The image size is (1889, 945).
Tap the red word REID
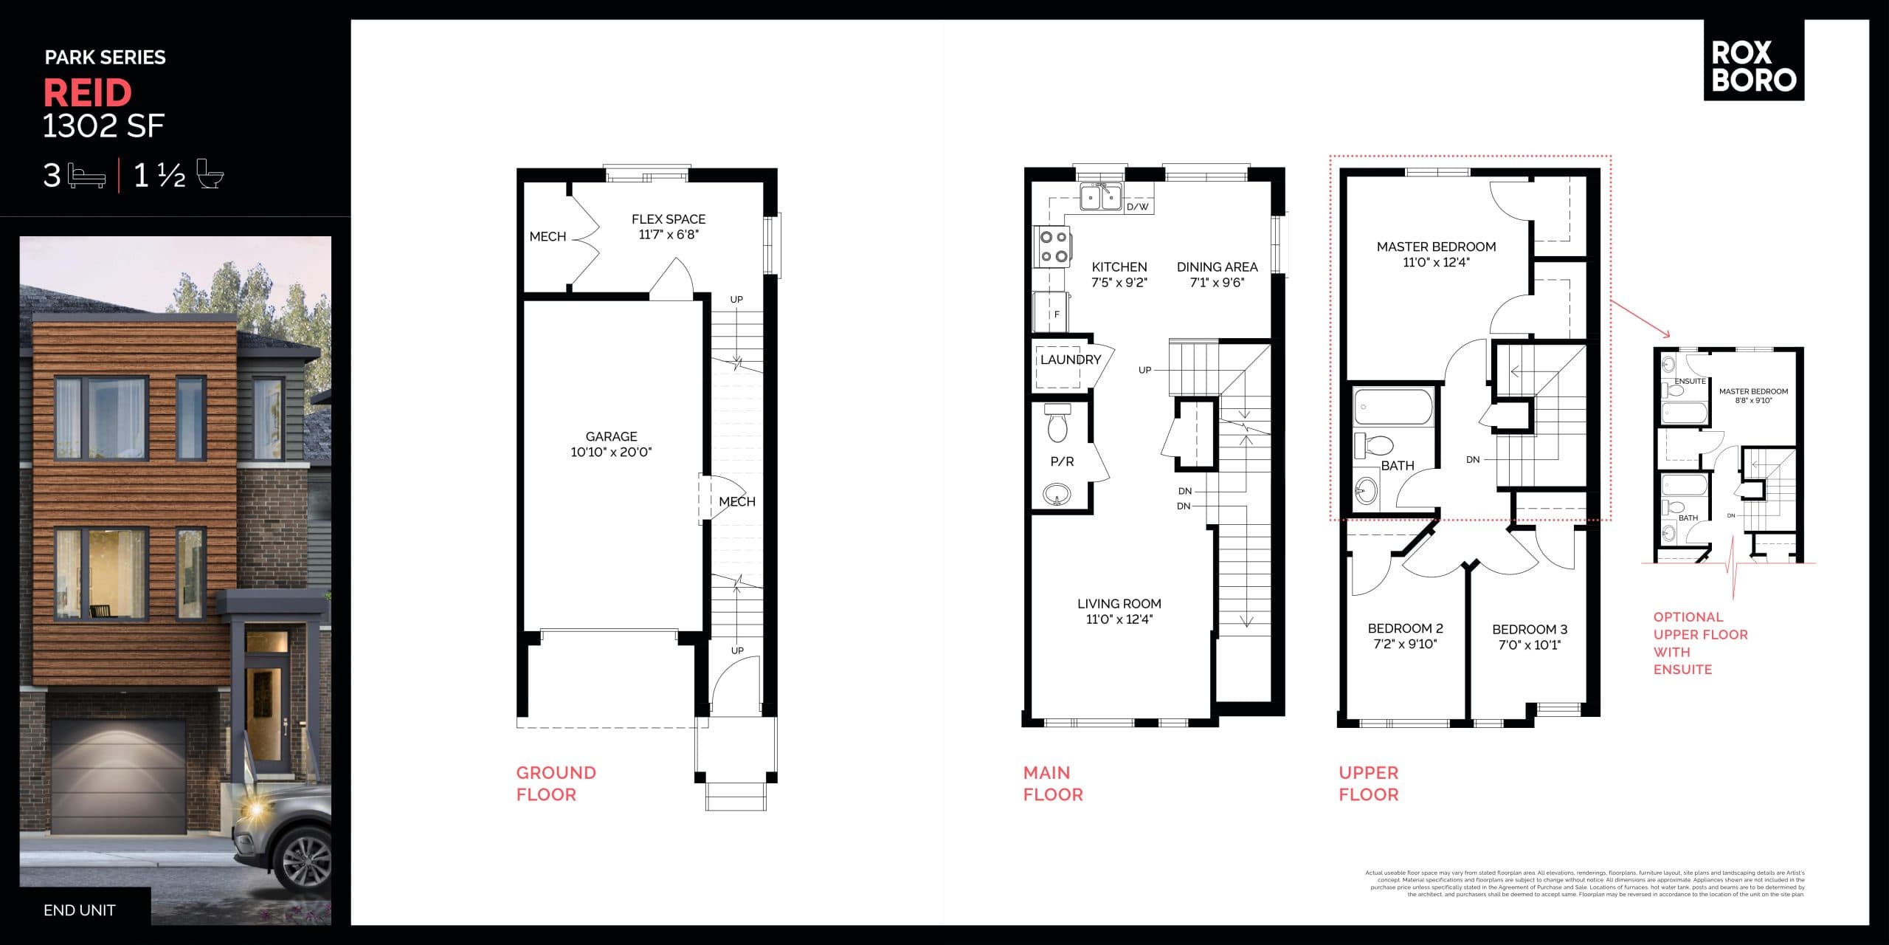(x=88, y=93)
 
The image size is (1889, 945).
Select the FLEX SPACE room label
(x=669, y=219)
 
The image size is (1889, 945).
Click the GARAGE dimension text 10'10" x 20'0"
(x=611, y=453)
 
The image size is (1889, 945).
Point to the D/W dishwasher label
(x=1138, y=207)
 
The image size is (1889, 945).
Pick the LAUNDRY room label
(x=1070, y=360)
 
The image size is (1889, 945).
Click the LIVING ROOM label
(x=1119, y=604)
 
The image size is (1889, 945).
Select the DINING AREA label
(x=1217, y=267)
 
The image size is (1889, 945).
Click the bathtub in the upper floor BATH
(x=1393, y=407)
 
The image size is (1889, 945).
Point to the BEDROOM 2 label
(x=1405, y=628)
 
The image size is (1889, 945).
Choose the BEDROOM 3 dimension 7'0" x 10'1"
(x=1530, y=645)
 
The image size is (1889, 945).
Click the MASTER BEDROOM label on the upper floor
(x=1436, y=247)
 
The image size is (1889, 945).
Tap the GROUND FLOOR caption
(x=556, y=783)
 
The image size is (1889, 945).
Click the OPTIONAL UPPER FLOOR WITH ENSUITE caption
(x=1700, y=643)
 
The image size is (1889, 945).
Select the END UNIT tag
(x=80, y=910)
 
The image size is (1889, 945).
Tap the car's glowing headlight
(x=258, y=810)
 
